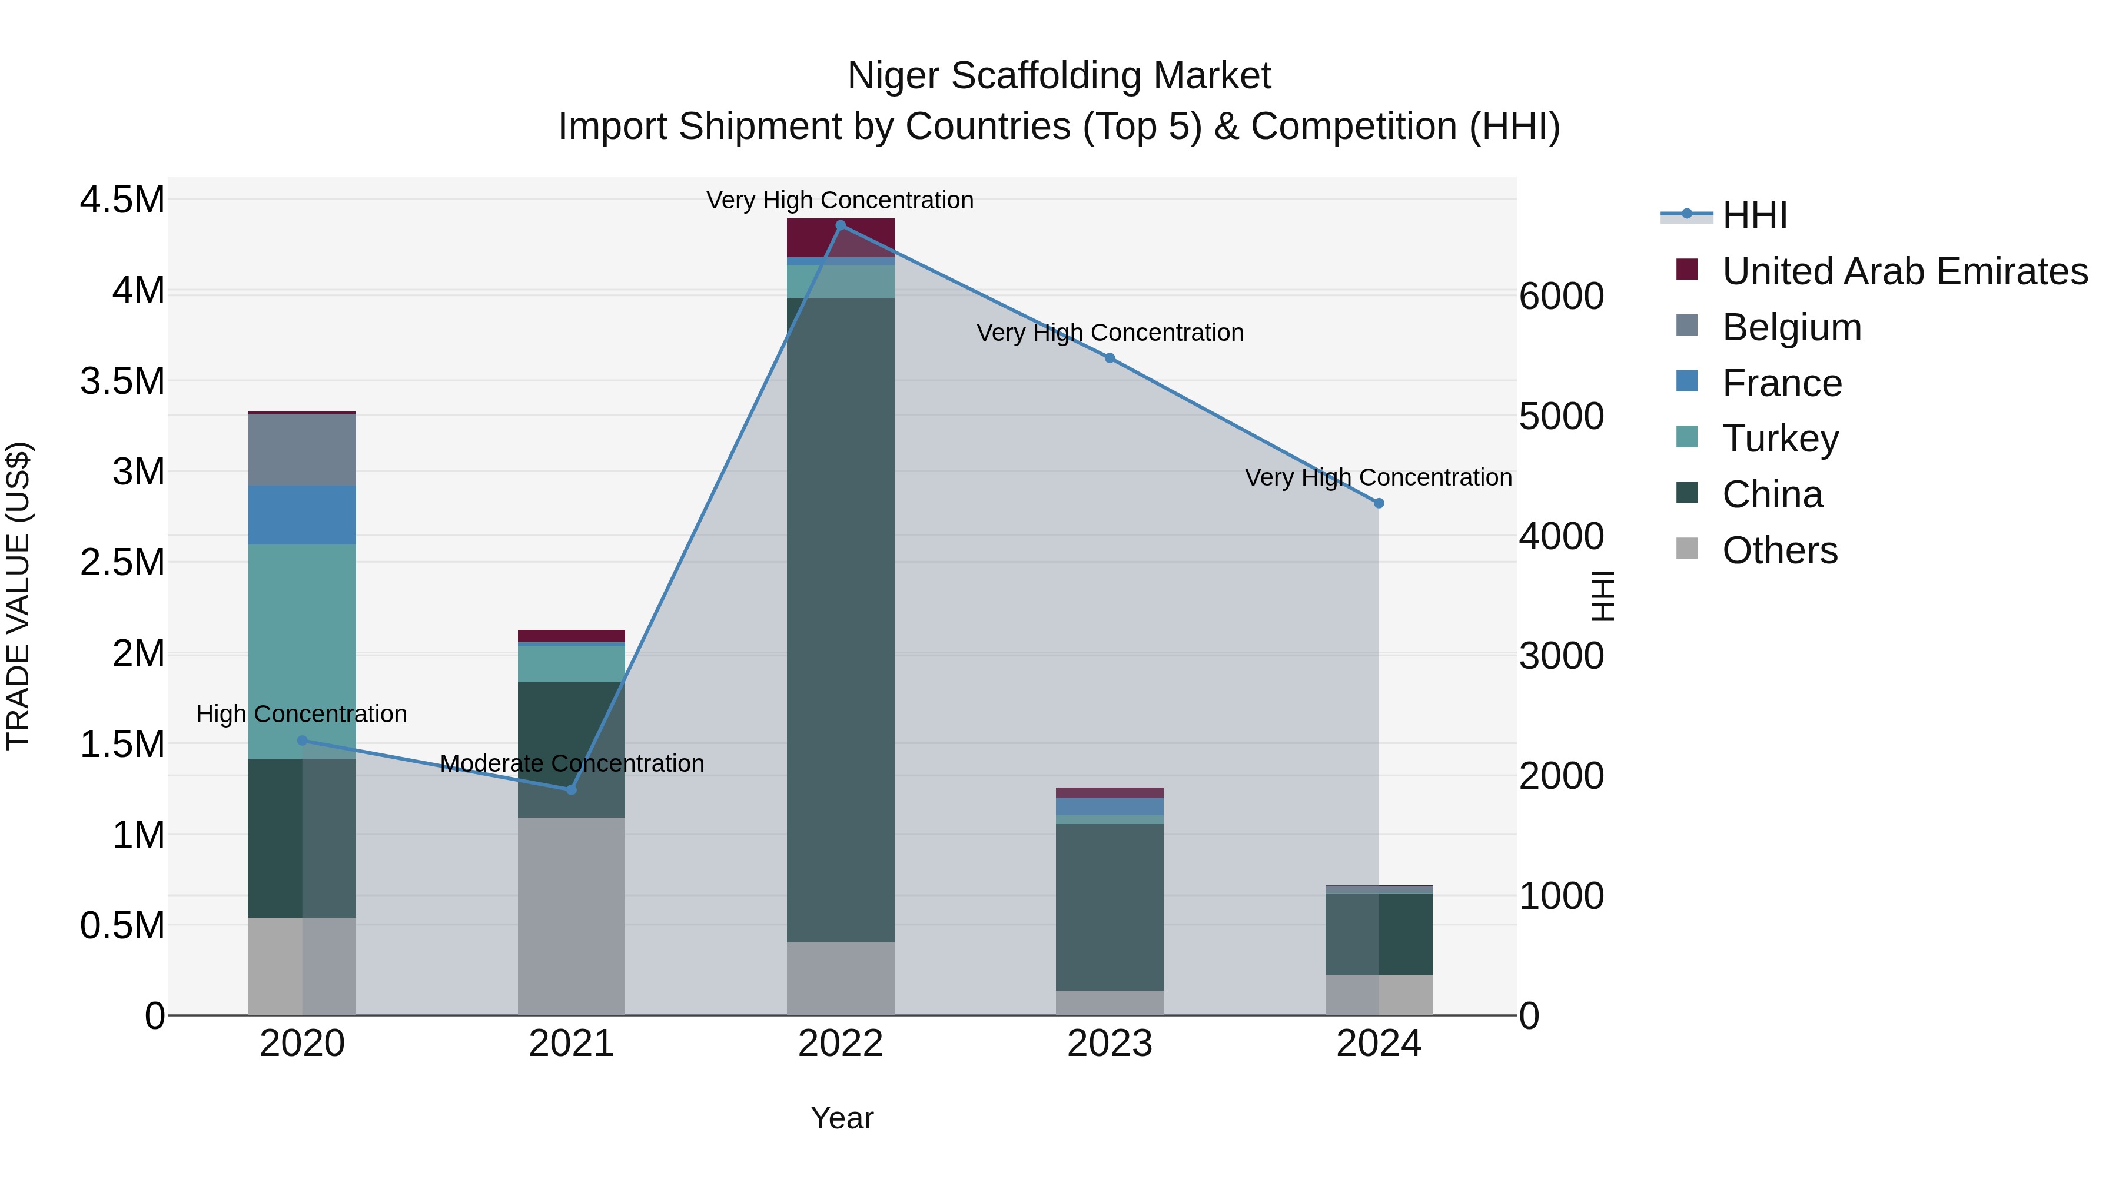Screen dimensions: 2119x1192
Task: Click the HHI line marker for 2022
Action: pyautogui.click(x=840, y=225)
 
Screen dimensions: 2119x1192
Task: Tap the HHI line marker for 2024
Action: pyautogui.click(x=1379, y=503)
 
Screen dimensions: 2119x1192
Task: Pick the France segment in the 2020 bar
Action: pyautogui.click(x=302, y=515)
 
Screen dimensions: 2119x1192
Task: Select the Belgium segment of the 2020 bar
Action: pyautogui.click(x=302, y=450)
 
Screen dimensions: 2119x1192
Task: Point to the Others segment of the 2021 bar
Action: pyautogui.click(x=571, y=915)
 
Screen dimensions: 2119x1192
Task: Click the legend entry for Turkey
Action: pyautogui.click(x=1780, y=439)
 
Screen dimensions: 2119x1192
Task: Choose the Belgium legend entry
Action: pyautogui.click(x=1791, y=327)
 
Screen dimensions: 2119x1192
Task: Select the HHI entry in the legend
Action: pyautogui.click(x=1754, y=215)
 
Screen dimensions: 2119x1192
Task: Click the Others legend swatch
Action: pyautogui.click(x=1686, y=549)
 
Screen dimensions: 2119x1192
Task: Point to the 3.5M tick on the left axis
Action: pyautogui.click(x=122, y=381)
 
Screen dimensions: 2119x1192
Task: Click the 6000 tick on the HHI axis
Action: pyautogui.click(x=1560, y=296)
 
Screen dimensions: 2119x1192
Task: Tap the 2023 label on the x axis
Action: pyautogui.click(x=1110, y=1044)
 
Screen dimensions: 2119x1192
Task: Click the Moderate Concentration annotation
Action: pyautogui.click(x=572, y=763)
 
